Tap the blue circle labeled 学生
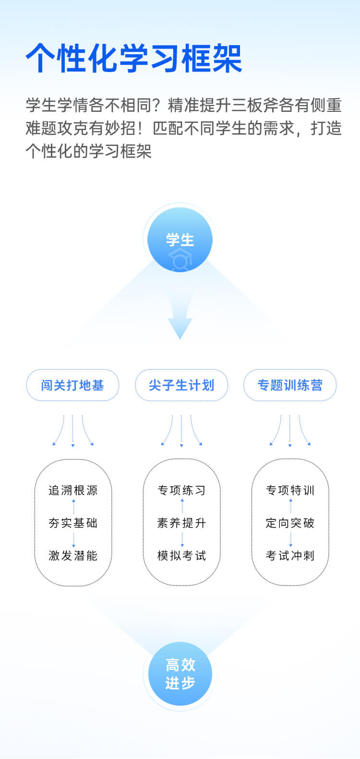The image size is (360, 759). click(180, 240)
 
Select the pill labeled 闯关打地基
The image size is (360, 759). click(72, 385)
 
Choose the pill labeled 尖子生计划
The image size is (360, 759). click(181, 385)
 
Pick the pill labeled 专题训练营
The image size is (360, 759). click(290, 385)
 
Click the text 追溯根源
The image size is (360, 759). click(73, 490)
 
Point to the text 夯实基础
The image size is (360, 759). click(73, 523)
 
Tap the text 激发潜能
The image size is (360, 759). click(73, 555)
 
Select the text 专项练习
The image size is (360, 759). click(182, 490)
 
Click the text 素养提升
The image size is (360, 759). click(182, 523)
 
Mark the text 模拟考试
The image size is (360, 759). click(182, 555)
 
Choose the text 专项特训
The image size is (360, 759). click(290, 490)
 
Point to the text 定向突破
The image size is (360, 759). click(290, 523)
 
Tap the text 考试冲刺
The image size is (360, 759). click(290, 555)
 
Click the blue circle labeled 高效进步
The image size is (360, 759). click(180, 674)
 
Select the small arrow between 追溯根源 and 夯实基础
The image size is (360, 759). click(73, 506)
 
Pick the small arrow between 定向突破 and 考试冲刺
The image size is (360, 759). click(290, 540)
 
